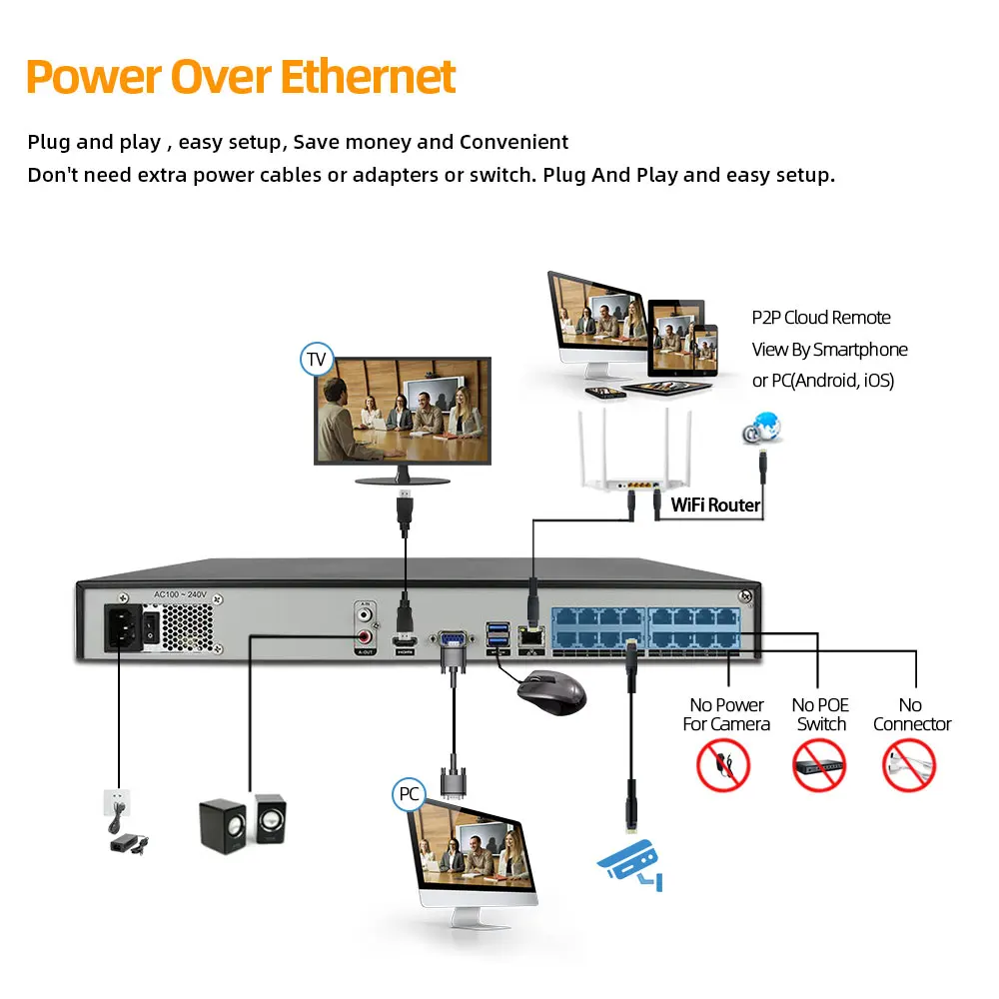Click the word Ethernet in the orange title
pos(367,77)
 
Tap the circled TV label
pos(317,360)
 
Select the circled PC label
pos(409,795)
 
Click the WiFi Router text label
pos(715,504)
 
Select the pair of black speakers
pos(242,823)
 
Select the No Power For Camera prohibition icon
pos(723,765)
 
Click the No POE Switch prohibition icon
pos(819,765)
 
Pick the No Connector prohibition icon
pos(909,765)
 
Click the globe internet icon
pos(761,428)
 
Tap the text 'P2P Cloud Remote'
pos(821,318)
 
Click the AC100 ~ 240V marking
pos(180,594)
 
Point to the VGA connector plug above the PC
pos(452,778)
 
